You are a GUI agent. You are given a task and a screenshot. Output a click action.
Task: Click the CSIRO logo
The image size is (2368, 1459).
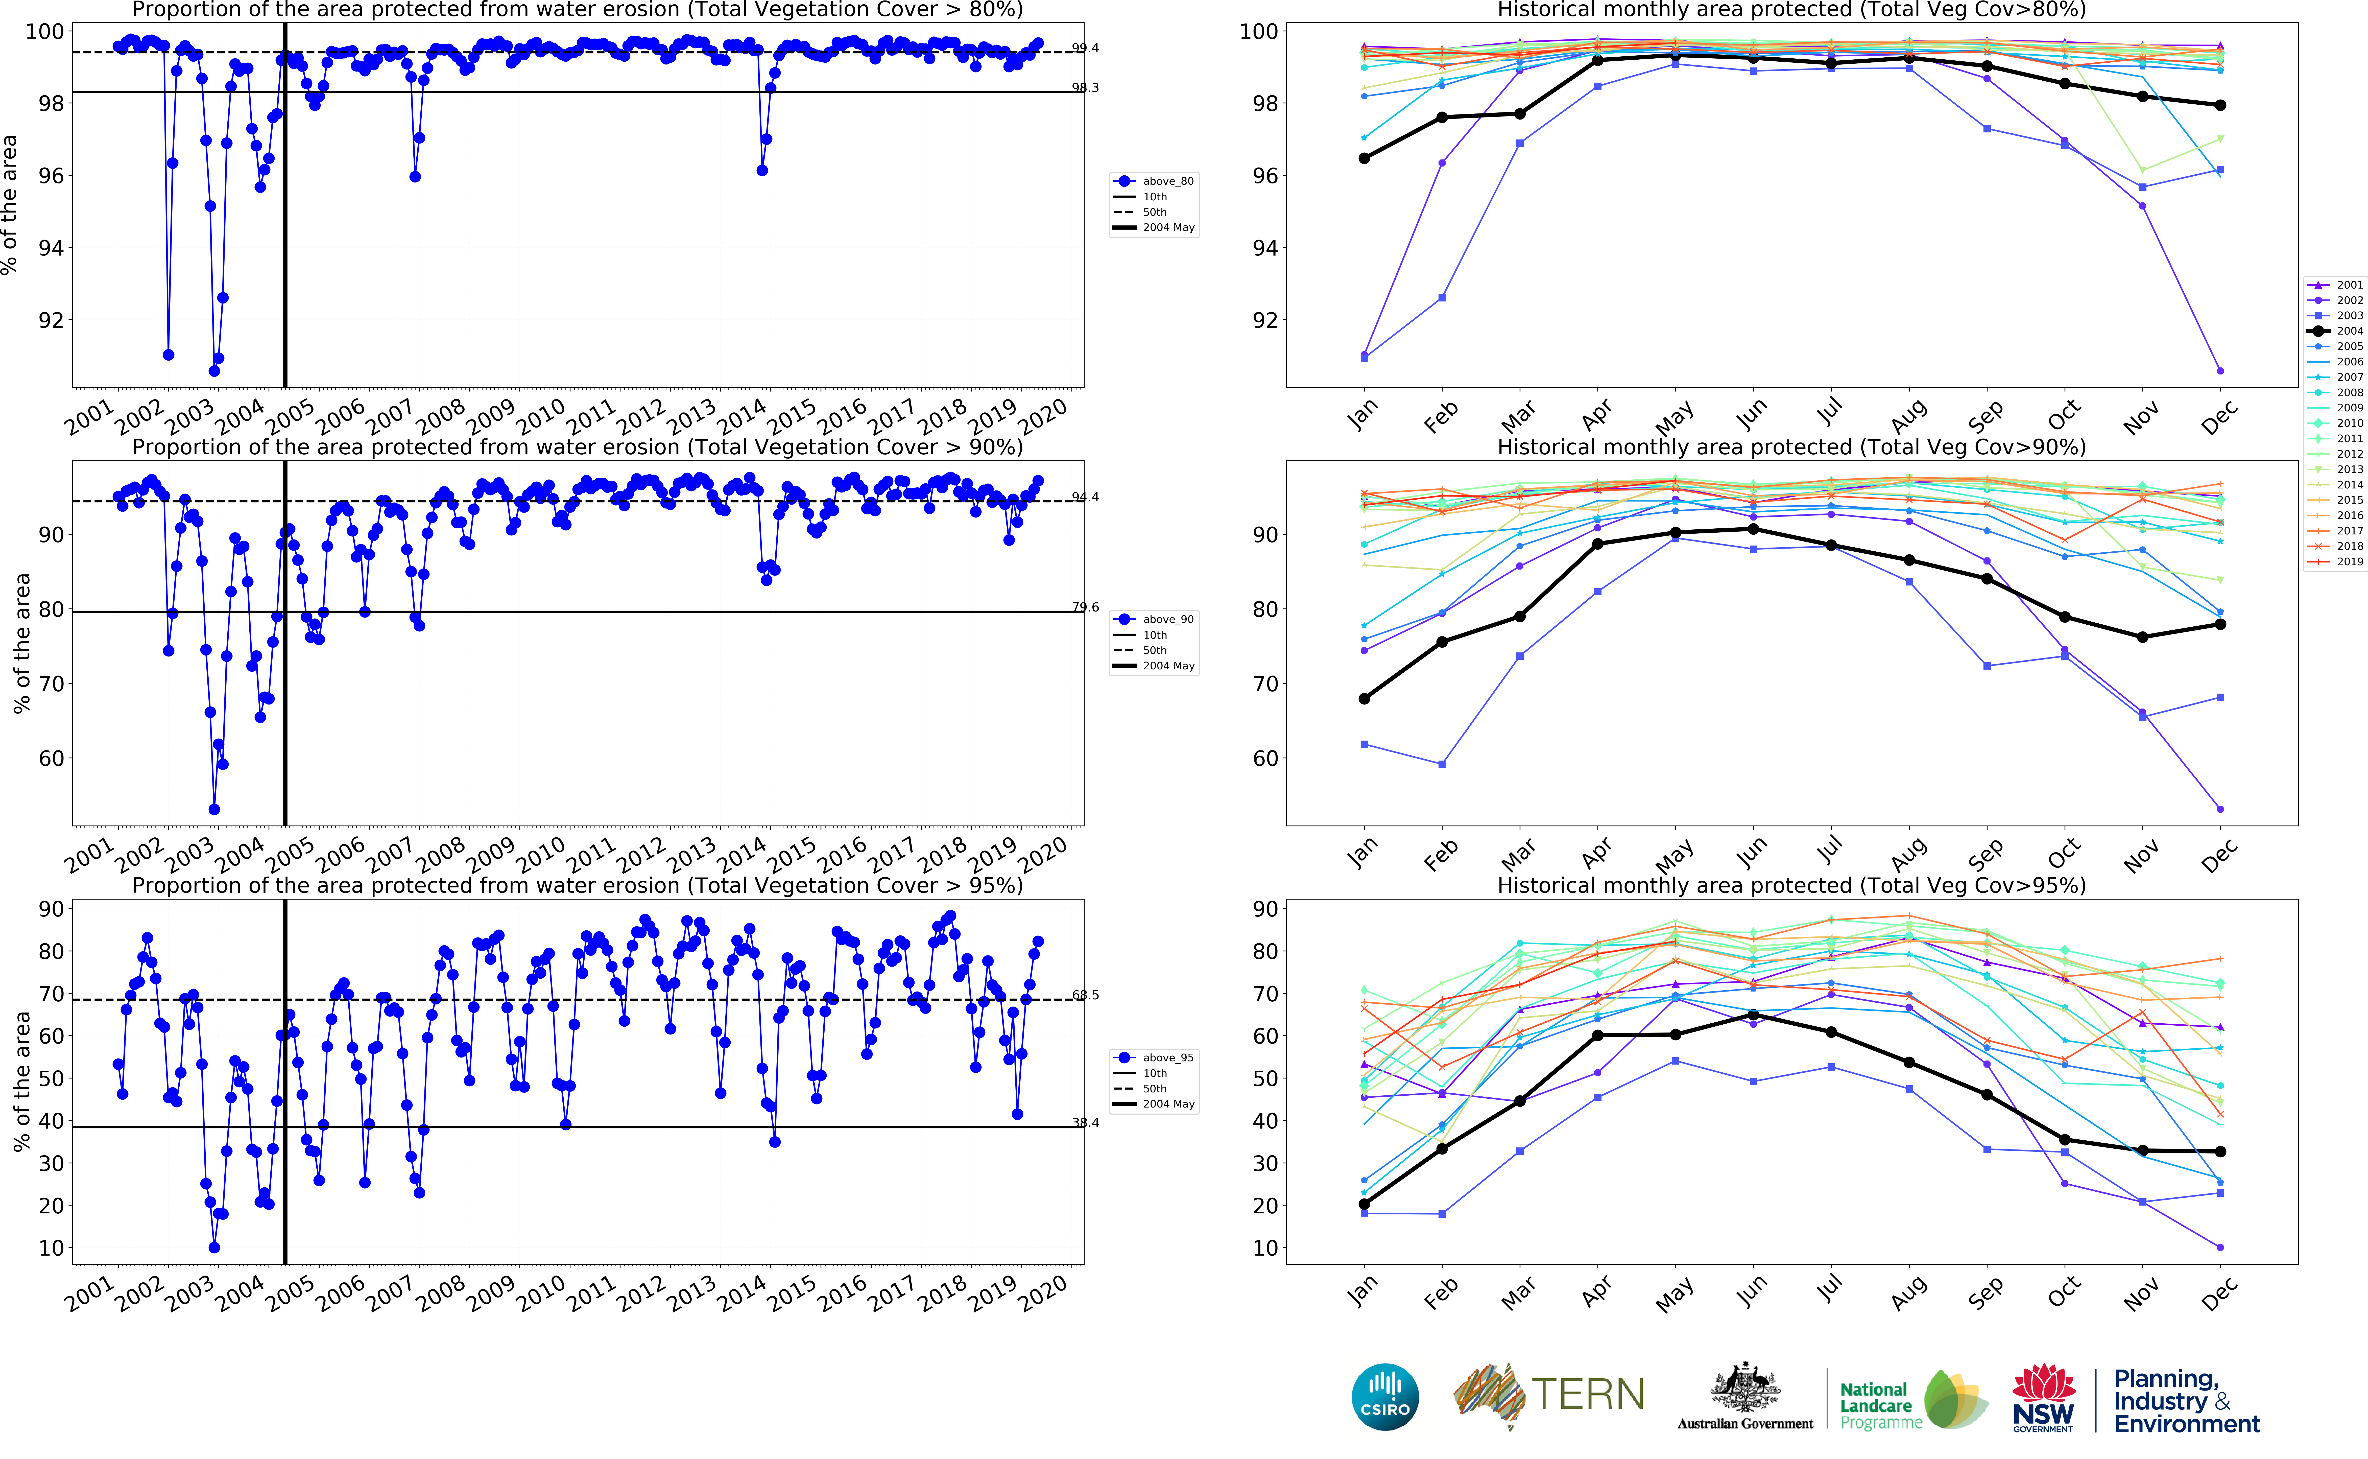[1385, 1396]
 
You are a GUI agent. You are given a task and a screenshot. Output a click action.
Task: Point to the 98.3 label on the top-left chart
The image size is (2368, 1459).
[1085, 88]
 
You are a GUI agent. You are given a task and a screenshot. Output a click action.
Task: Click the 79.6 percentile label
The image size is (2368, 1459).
[1085, 607]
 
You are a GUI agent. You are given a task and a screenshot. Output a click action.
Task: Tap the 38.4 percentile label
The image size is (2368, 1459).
[1085, 1122]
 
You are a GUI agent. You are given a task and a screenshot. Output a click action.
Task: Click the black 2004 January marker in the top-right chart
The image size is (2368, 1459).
[1364, 158]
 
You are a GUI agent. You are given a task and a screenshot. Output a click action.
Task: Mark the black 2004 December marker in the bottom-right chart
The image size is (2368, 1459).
[2220, 1151]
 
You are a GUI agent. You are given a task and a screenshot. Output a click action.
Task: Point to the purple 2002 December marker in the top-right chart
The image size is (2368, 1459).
[2220, 370]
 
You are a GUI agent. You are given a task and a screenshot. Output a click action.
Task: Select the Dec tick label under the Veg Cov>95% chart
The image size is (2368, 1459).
[2218, 1293]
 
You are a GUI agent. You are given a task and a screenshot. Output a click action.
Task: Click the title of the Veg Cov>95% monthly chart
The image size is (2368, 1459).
[1791, 885]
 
